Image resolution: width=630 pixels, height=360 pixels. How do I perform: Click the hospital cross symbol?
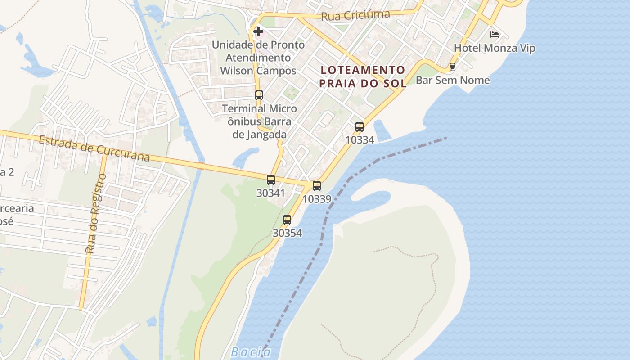[x=258, y=31]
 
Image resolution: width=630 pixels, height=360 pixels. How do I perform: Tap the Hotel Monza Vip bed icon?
[x=495, y=35]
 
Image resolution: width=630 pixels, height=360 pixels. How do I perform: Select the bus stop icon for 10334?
[x=359, y=127]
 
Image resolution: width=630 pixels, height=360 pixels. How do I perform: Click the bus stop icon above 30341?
[x=271, y=180]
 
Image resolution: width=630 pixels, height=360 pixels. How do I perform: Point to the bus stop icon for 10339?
[x=317, y=186]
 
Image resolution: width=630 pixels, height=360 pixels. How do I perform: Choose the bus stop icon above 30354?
[x=287, y=220]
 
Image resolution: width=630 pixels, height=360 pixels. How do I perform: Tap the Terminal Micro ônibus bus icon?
[x=259, y=95]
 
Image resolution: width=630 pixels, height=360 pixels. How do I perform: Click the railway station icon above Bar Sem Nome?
[x=453, y=67]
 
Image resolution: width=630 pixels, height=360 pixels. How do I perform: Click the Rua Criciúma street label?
[x=355, y=15]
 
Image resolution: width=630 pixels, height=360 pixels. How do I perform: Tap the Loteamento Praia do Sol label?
[x=363, y=76]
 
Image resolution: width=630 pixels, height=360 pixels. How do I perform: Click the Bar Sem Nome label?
[x=453, y=80]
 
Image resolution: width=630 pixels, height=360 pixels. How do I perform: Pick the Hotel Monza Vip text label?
[x=495, y=48]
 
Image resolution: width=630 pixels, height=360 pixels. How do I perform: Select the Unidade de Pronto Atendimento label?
[x=258, y=58]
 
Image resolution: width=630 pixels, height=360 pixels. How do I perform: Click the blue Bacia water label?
[x=251, y=352]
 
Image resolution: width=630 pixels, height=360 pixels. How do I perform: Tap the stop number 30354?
[x=287, y=233]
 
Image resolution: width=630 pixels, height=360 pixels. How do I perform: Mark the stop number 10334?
[x=360, y=140]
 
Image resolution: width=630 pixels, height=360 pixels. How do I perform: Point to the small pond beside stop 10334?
[x=382, y=130]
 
